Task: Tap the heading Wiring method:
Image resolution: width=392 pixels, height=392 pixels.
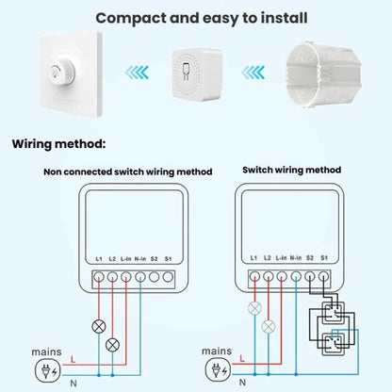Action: point(58,144)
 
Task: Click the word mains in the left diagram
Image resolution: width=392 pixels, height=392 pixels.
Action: point(44,351)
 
